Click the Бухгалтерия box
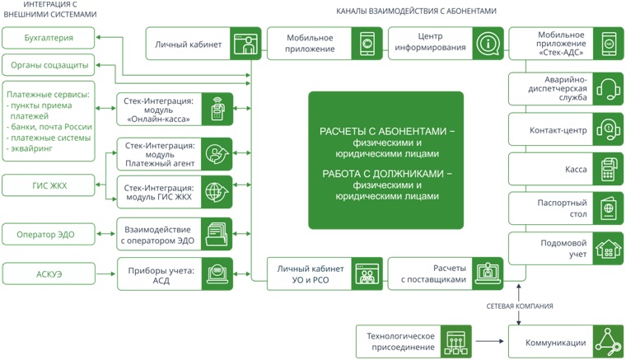tap(49, 38)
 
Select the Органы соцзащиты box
tap(49, 65)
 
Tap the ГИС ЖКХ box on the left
tap(49, 186)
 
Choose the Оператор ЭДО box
tap(49, 235)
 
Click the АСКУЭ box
tap(49, 274)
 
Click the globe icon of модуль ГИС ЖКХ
tap(217, 192)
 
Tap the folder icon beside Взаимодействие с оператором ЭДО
tap(217, 235)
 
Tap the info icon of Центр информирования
tap(488, 43)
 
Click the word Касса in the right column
tap(576, 170)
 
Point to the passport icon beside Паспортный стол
tap(608, 208)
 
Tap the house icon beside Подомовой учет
tap(608, 248)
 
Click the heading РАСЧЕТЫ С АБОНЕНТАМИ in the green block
tap(385, 131)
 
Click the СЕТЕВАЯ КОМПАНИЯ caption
tap(519, 306)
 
